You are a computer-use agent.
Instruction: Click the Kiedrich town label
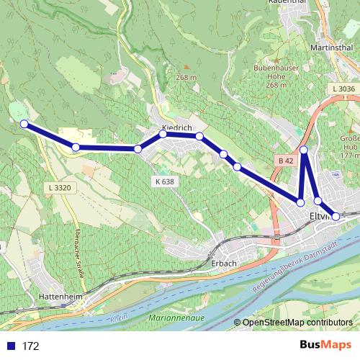click(176, 127)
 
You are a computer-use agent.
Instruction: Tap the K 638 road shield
click(163, 181)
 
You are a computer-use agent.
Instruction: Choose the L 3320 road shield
click(58, 187)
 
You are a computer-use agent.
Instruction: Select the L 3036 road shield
click(343, 89)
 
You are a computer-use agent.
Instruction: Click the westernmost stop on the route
click(24, 124)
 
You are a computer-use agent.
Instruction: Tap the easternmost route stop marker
click(336, 216)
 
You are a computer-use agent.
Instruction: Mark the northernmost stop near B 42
click(304, 150)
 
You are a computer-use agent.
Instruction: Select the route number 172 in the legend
click(30, 346)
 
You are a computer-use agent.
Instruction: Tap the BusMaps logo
click(323, 345)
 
